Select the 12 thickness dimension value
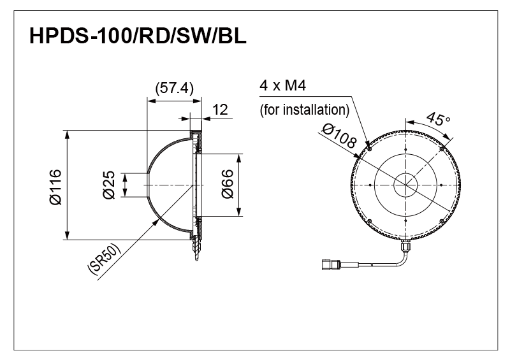pyautogui.click(x=220, y=110)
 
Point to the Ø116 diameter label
pyautogui.click(x=54, y=187)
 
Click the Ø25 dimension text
pyautogui.click(x=109, y=185)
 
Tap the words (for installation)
pyautogui.click(x=305, y=109)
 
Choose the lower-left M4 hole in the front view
pyautogui.click(x=369, y=221)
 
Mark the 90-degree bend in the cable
pyautogui.click(x=401, y=258)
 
